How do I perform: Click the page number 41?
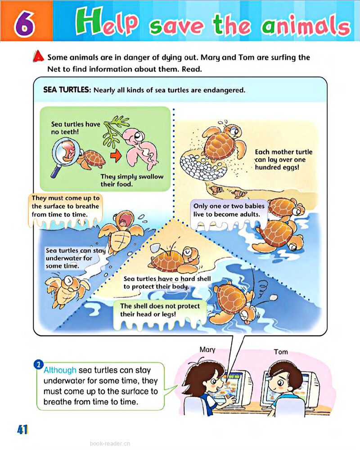pos(22,429)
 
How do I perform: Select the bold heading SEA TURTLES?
pos(67,90)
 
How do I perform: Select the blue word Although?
pos(60,370)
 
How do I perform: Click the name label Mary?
pos(207,349)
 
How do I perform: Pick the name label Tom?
pos(281,351)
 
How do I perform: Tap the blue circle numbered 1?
pos(39,364)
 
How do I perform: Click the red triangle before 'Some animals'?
pos(40,58)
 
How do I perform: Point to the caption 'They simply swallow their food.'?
pos(132,180)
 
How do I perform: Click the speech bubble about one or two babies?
pos(229,210)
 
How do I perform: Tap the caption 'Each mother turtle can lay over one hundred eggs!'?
pos(283,160)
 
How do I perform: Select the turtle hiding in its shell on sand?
pos(174,260)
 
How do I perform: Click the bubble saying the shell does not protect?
pos(160,310)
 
